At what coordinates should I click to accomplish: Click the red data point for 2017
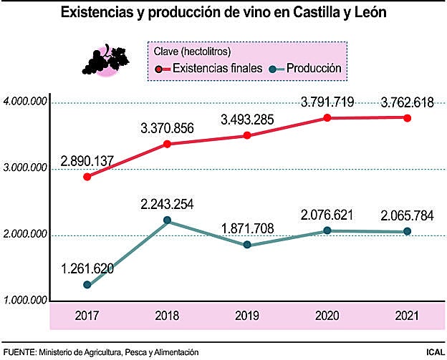tap(87, 176)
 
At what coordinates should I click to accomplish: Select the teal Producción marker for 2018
tap(167, 220)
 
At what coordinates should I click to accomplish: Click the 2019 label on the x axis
tap(246, 314)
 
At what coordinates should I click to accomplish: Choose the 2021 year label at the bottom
tap(407, 314)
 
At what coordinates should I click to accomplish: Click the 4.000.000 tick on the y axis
tap(25, 102)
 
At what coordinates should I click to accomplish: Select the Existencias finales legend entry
tap(211, 69)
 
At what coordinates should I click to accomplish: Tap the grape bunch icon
tap(106, 60)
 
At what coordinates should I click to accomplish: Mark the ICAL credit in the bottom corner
tap(433, 352)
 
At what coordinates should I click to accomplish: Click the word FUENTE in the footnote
tap(19, 352)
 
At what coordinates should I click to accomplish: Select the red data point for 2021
tap(407, 118)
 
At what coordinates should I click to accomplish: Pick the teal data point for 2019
tap(247, 245)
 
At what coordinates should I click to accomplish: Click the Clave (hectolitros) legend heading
tap(193, 52)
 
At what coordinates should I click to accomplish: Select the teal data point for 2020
tap(327, 230)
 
